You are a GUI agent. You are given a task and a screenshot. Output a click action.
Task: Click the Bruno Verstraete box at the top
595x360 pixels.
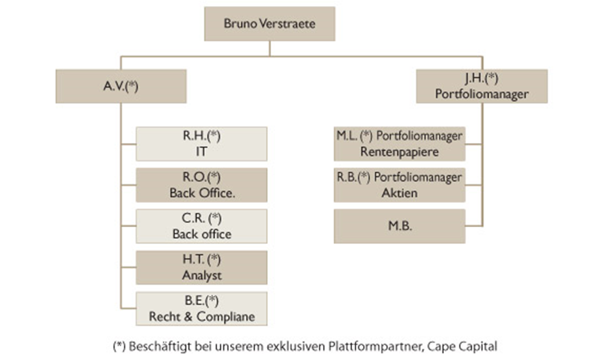pyautogui.click(x=270, y=24)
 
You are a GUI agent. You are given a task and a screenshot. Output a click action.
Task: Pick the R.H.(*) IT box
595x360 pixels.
pyautogui.click(x=201, y=143)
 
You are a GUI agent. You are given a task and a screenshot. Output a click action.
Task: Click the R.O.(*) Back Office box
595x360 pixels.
pyautogui.click(x=201, y=185)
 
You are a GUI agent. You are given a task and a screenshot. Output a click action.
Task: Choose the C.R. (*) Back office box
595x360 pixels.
pyautogui.click(x=201, y=226)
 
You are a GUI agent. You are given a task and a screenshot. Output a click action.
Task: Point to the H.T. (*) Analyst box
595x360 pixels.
pyautogui.click(x=201, y=267)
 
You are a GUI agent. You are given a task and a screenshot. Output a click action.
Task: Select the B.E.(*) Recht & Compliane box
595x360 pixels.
pyautogui.click(x=201, y=308)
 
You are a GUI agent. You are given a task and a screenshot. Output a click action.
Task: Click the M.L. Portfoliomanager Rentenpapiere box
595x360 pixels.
pyautogui.click(x=399, y=144)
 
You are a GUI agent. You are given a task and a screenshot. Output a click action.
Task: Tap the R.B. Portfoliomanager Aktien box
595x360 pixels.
pyautogui.click(x=399, y=185)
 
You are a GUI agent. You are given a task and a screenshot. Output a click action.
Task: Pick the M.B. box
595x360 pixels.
pyautogui.click(x=399, y=227)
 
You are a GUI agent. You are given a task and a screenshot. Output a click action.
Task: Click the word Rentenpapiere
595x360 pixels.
pyautogui.click(x=399, y=152)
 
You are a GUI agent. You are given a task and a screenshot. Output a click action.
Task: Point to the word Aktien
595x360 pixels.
pyautogui.click(x=399, y=193)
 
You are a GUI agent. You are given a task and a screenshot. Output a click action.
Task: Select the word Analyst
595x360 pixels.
pyautogui.click(x=201, y=275)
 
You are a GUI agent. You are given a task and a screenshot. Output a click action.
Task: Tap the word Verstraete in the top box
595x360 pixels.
pyautogui.click(x=288, y=24)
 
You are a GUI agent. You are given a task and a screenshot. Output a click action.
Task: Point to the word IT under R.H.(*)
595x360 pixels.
pyautogui.click(x=201, y=151)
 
